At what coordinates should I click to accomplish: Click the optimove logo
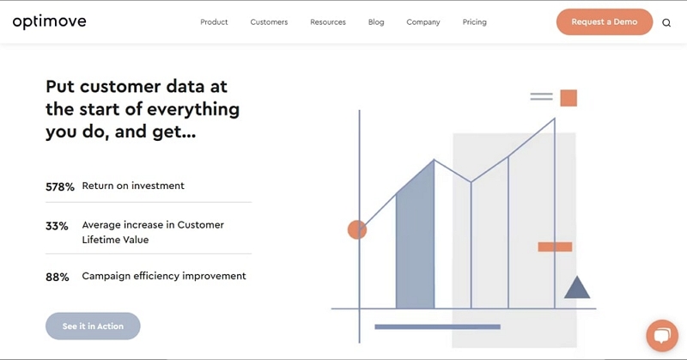(x=50, y=22)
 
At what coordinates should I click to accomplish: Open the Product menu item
(x=214, y=22)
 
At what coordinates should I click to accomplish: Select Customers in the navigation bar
(x=269, y=22)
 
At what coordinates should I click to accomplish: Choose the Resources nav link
(x=328, y=22)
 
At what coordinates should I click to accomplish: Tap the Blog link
(x=376, y=22)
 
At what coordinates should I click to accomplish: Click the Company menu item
(x=423, y=22)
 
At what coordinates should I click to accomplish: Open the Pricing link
(x=475, y=22)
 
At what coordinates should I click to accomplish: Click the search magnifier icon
(x=666, y=23)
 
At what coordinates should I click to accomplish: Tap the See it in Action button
(x=93, y=326)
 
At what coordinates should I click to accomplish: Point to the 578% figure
(x=60, y=186)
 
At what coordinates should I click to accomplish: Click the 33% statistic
(x=57, y=226)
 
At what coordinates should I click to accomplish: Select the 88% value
(x=58, y=278)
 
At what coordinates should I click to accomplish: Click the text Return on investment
(x=133, y=186)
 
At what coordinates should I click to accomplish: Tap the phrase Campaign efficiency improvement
(x=164, y=276)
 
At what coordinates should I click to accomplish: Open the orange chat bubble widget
(x=662, y=335)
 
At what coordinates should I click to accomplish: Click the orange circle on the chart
(x=357, y=229)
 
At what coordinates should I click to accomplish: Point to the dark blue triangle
(x=577, y=288)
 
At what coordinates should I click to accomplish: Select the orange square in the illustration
(x=568, y=98)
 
